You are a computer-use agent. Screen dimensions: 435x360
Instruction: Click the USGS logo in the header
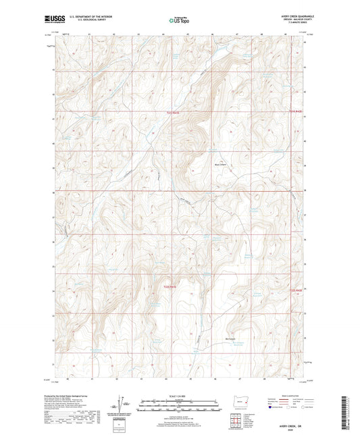pyautogui.click(x=51, y=20)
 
